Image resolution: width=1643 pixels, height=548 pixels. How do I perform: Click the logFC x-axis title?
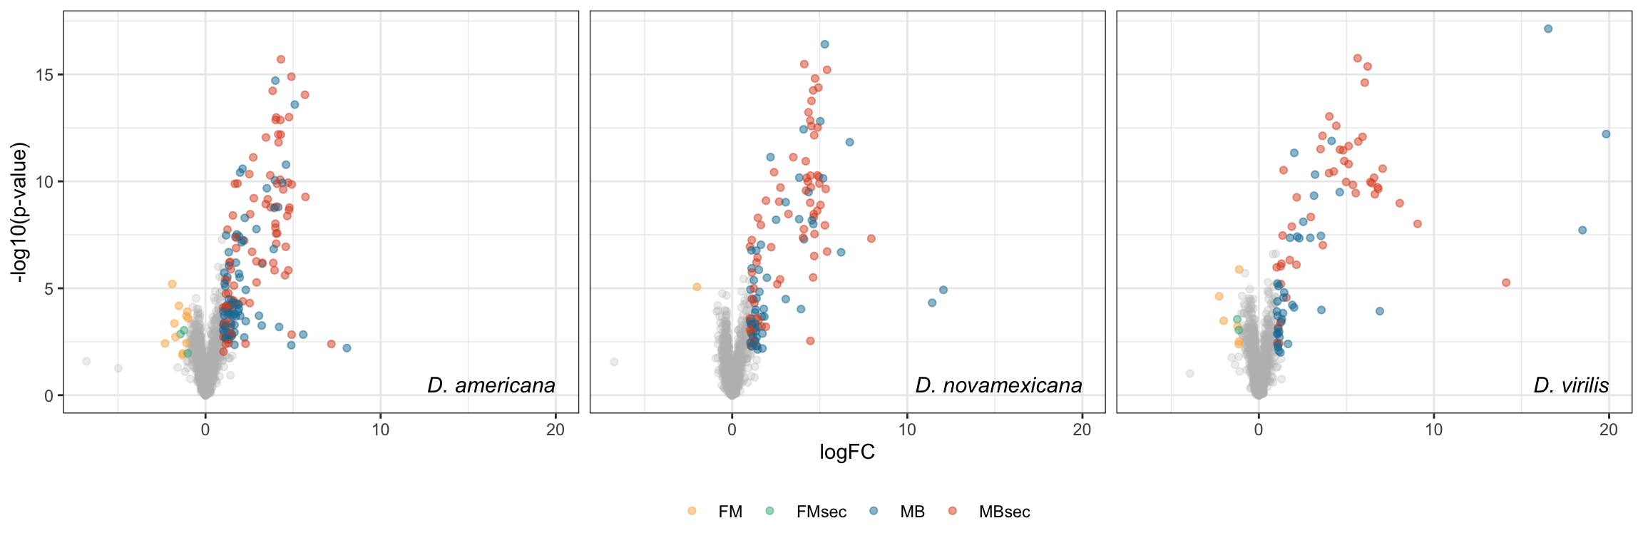pos(846,452)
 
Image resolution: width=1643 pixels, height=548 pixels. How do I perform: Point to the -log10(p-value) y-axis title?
pos(21,212)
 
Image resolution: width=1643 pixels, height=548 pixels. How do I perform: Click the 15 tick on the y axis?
pos(44,75)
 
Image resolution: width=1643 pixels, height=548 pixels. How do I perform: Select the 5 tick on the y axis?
pos(48,289)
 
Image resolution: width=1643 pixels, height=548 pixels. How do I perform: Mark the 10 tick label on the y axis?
pos(44,182)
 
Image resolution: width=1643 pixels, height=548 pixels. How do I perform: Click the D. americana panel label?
pos(491,386)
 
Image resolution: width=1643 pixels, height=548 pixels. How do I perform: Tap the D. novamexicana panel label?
pos(998,386)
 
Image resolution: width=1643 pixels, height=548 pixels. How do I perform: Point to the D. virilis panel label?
pos(1571,386)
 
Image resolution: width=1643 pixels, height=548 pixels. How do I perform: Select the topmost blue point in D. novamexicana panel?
pos(824,44)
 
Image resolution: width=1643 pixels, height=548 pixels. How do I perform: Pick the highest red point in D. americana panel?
pos(281,59)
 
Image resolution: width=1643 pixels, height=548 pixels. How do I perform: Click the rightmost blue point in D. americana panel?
pos(347,348)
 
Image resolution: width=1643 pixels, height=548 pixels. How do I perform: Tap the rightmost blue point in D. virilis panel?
pos(1606,134)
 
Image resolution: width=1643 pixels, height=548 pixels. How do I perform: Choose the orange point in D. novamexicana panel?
pos(697,287)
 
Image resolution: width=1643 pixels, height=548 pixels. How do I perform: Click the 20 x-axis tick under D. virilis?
pos(1608,430)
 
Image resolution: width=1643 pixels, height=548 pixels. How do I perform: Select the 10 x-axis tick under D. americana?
pos(380,430)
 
